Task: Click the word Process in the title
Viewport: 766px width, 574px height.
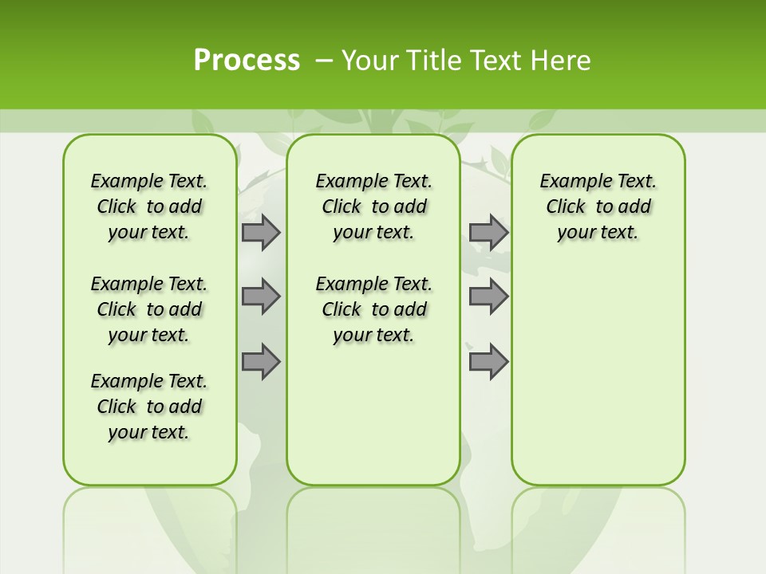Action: coord(247,61)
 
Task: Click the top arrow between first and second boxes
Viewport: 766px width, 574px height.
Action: coord(261,233)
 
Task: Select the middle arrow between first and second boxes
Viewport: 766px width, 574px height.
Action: coord(261,297)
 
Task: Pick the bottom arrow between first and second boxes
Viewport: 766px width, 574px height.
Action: coord(261,361)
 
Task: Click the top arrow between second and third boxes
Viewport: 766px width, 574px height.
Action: coord(488,233)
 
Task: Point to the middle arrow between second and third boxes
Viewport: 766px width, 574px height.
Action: coord(488,297)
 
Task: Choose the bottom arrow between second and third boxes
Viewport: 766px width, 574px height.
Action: coord(488,361)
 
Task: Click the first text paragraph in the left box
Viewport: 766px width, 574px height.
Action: coord(149,206)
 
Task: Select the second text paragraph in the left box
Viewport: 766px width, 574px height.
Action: coord(149,309)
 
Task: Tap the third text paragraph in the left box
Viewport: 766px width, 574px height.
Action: coord(149,407)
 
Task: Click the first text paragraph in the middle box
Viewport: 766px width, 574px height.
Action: coord(373,206)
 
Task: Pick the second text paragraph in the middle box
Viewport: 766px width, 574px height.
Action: coord(373,309)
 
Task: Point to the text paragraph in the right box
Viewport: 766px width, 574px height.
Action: coord(598,206)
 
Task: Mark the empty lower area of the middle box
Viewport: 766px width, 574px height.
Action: coord(373,415)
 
